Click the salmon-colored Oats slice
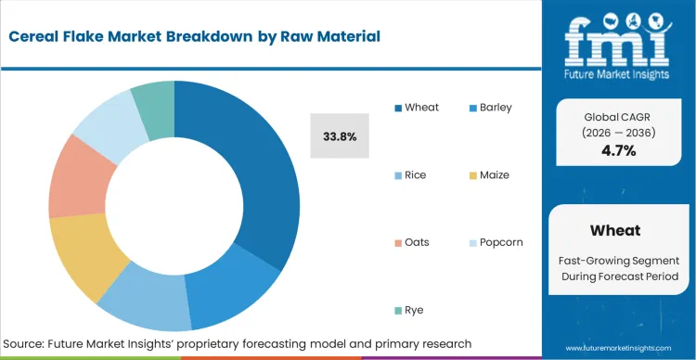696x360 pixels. point(72,176)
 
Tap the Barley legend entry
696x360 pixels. point(496,108)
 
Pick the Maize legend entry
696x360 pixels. point(495,175)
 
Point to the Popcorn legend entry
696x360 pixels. point(499,243)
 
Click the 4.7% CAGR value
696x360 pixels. point(619,150)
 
